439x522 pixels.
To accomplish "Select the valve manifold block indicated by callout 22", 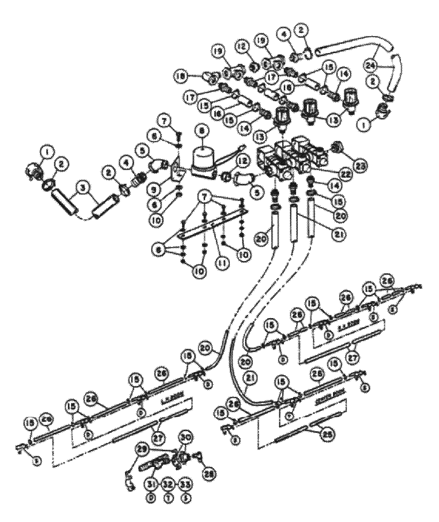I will coord(292,159).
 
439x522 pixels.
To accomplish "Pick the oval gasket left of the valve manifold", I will coord(243,177).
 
